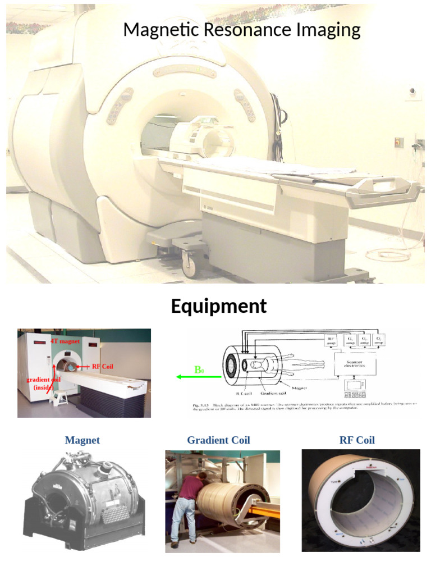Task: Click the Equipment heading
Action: pos(218,307)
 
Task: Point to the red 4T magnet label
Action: pos(65,341)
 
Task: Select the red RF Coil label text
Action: pos(103,366)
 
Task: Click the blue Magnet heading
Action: pos(82,440)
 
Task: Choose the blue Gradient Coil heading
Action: pos(218,440)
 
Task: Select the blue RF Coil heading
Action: pos(357,440)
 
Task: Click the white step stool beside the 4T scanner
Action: pos(59,397)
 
